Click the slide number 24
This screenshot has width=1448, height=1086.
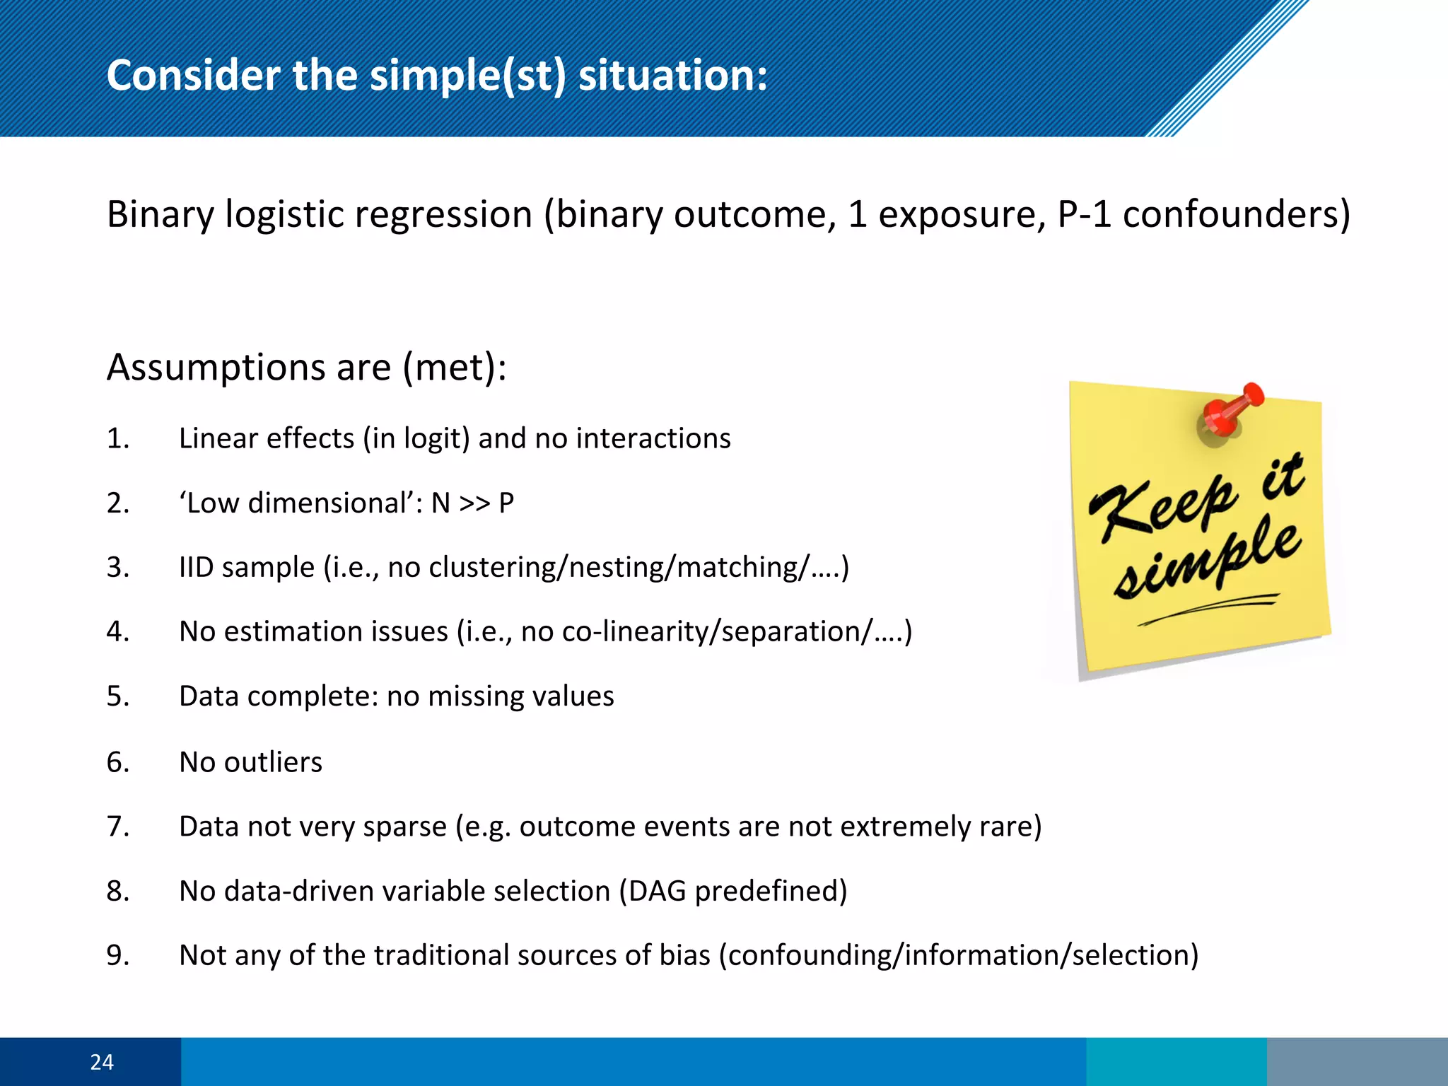tap(102, 1061)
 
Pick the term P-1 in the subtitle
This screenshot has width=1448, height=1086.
tap(1085, 214)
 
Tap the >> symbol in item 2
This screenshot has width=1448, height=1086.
tap(474, 503)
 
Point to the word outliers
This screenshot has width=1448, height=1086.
tap(273, 762)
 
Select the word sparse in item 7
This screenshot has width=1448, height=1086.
tap(404, 827)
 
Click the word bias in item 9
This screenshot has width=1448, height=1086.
tap(684, 955)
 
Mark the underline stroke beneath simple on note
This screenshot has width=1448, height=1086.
tap(1209, 609)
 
